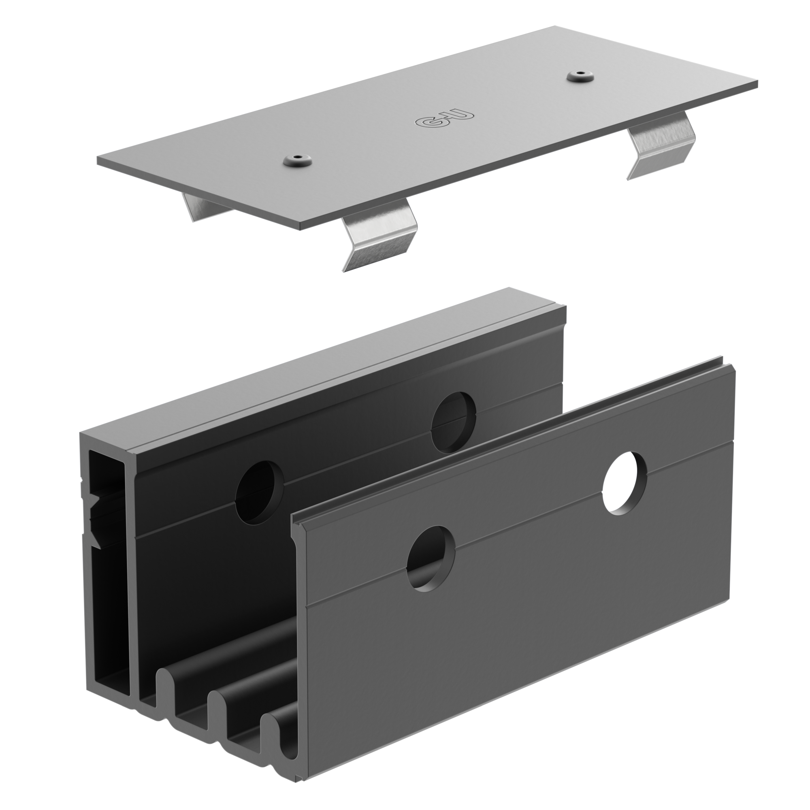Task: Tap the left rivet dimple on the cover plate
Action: [298, 159]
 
